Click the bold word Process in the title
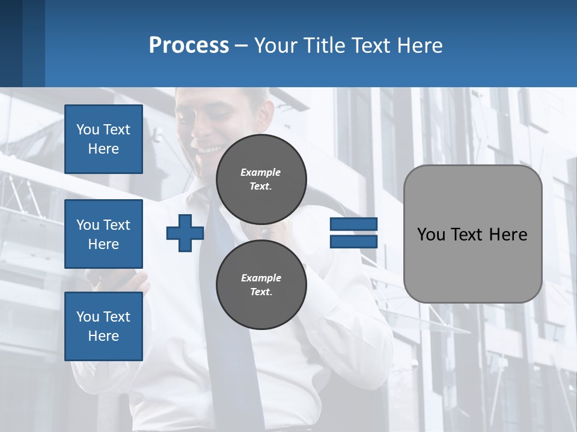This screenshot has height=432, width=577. tap(189, 46)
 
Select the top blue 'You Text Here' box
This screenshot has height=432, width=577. tap(103, 139)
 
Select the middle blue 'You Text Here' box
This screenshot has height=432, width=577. tap(103, 234)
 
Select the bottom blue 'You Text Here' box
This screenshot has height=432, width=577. tap(103, 326)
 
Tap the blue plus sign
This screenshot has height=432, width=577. tap(185, 233)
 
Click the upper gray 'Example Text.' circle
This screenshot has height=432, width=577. tap(261, 179)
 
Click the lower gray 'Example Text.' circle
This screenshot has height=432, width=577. tap(261, 285)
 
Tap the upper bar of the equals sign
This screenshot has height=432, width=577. tap(353, 224)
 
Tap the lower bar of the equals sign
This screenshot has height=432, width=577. tap(353, 241)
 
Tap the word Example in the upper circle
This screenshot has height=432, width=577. tap(261, 172)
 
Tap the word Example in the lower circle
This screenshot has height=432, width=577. tap(261, 278)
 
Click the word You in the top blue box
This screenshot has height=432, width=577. tap(87, 130)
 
